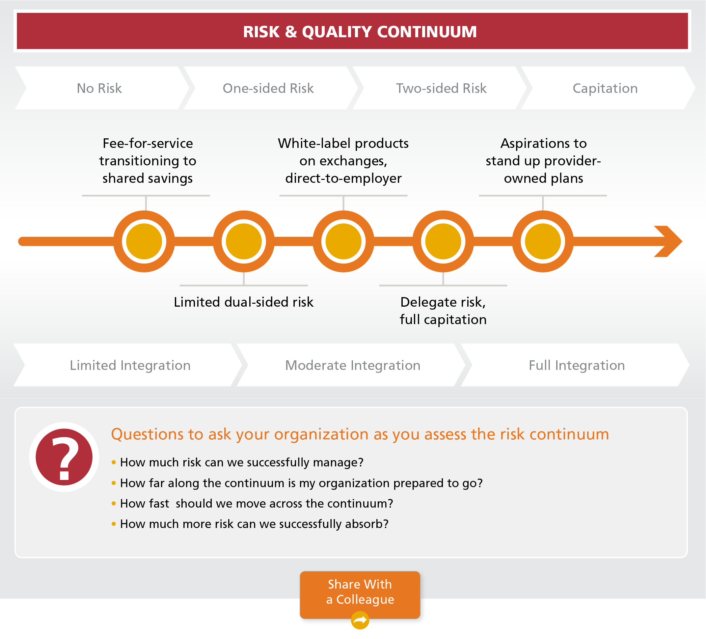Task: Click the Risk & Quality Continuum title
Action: (360, 32)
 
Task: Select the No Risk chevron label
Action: (99, 88)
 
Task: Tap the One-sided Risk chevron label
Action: (268, 88)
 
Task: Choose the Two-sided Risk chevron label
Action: (441, 88)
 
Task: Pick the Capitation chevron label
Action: (605, 88)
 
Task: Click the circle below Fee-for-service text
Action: (144, 241)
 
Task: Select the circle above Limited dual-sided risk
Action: (244, 241)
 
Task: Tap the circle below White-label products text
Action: (343, 241)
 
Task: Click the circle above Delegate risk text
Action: (443, 241)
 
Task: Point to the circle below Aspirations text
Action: (543, 241)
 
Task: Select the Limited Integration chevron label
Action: (130, 365)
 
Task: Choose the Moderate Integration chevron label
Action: (353, 365)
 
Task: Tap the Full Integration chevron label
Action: (577, 365)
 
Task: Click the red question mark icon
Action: (64, 457)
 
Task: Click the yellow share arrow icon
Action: (360, 621)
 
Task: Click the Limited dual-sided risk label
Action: (243, 302)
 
